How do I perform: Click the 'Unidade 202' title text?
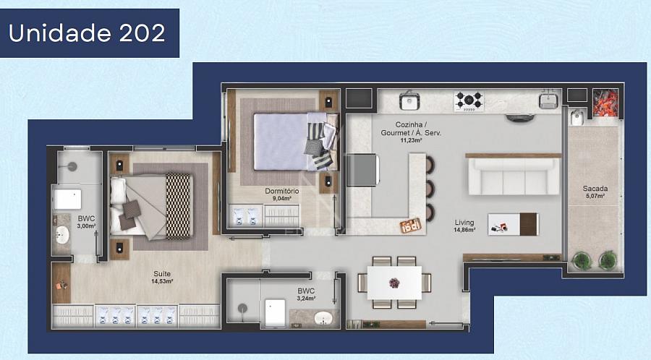click(x=87, y=33)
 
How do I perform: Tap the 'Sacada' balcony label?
click(x=595, y=189)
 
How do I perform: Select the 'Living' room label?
click(x=464, y=223)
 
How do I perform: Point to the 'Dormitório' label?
click(x=282, y=191)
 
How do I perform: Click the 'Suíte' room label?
click(x=162, y=274)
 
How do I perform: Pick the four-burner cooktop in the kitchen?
click(x=469, y=100)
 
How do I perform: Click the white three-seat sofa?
click(x=514, y=176)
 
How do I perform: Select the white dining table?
click(x=394, y=283)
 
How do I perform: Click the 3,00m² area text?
click(x=86, y=226)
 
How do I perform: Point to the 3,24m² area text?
click(x=306, y=299)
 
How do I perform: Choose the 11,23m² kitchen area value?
click(x=411, y=140)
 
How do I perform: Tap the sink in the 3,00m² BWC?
click(x=62, y=234)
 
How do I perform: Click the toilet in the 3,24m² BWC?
click(x=275, y=313)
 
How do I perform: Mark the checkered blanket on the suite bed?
click(x=179, y=206)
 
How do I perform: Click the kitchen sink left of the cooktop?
click(x=409, y=100)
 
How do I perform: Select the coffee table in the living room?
click(x=513, y=224)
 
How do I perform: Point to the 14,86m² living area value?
click(x=464, y=229)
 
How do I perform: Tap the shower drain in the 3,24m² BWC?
click(x=242, y=308)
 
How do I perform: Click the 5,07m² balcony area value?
click(x=595, y=196)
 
